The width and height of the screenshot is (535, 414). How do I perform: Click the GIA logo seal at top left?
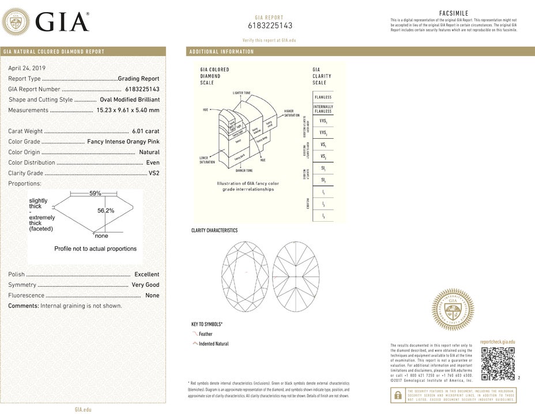click(x=17, y=22)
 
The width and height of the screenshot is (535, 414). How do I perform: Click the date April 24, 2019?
click(x=27, y=68)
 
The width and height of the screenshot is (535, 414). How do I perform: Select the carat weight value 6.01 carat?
click(x=145, y=131)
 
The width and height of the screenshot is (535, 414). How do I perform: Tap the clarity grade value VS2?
click(x=154, y=173)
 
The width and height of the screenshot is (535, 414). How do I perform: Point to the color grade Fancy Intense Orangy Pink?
click(x=123, y=142)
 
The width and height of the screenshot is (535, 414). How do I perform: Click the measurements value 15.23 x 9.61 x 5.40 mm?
click(x=127, y=110)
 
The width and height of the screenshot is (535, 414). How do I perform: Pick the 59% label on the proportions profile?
click(x=95, y=193)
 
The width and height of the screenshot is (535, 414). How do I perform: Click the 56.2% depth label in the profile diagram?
click(x=106, y=211)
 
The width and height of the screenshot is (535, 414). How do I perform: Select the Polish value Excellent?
click(x=146, y=275)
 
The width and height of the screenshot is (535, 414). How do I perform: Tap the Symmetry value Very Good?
click(x=145, y=285)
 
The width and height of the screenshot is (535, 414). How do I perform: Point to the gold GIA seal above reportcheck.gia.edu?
click(x=453, y=310)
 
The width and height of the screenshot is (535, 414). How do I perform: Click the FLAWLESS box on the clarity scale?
click(x=322, y=97)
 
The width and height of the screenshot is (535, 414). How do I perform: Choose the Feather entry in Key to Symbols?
click(x=205, y=334)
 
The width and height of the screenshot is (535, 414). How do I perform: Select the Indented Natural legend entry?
click(x=213, y=344)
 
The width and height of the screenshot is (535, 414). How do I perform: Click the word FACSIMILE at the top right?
click(x=454, y=13)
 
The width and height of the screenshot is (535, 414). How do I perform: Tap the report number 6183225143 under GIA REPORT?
click(x=270, y=25)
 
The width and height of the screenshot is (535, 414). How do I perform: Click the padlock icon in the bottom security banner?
click(x=397, y=395)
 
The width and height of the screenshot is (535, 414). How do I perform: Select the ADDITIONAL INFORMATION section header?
click(x=221, y=52)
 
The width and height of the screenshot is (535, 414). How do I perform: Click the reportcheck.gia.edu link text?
click(x=497, y=342)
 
